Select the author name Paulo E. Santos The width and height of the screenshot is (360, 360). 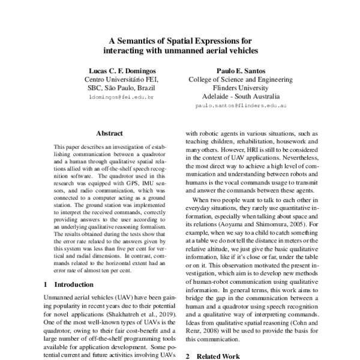241,69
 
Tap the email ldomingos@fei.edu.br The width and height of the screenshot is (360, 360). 121,96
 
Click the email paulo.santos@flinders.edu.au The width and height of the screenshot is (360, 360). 241,105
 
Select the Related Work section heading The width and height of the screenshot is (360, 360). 221,356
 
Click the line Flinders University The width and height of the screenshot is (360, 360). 241,87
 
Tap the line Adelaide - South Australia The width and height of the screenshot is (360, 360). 241,96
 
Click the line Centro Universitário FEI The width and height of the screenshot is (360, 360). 121,79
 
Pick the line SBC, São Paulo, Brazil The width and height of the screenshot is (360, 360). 121,88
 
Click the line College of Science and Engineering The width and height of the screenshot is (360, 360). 241,79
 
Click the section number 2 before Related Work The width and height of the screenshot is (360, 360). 187,356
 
